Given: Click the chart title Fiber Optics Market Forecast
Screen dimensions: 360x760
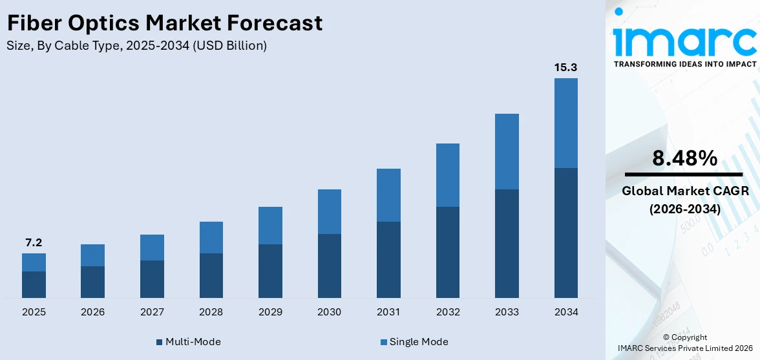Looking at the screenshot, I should [164, 23].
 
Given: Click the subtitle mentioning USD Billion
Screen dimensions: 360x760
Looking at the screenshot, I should [136, 46].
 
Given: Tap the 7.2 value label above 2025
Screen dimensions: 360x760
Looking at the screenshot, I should [34, 243].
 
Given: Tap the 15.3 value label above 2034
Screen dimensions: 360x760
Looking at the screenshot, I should [565, 67].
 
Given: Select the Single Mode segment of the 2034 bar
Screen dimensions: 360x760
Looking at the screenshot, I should [565, 123].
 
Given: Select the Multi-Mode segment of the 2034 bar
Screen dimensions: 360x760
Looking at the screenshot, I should [565, 233].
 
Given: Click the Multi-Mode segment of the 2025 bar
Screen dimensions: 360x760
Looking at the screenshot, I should [34, 284].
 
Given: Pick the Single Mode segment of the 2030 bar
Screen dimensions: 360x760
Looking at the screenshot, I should [329, 211].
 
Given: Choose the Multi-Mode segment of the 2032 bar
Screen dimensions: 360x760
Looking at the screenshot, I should [447, 252].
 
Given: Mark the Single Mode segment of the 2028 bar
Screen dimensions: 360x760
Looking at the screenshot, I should [211, 237].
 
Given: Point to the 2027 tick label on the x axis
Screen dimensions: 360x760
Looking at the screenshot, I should [152, 312].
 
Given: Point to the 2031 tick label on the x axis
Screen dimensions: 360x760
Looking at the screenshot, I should [388, 312].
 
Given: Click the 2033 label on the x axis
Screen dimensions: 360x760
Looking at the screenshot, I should [507, 312].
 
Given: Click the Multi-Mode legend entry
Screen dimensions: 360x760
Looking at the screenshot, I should [189, 341].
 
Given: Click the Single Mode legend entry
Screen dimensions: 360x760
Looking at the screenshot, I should [414, 341].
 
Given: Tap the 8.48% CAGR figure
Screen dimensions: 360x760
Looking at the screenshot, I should [684, 158].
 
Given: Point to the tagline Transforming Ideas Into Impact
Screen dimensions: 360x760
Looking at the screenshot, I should [684, 64].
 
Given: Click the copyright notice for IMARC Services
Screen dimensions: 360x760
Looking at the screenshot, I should [684, 343].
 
